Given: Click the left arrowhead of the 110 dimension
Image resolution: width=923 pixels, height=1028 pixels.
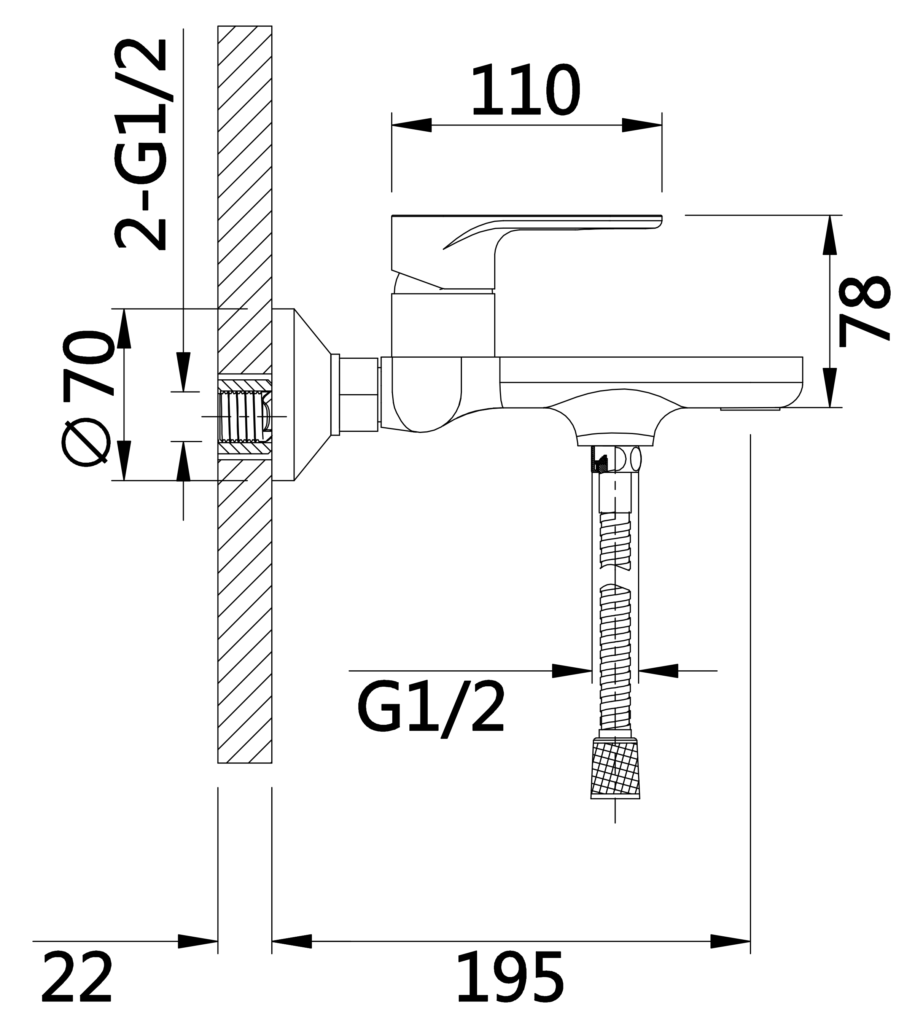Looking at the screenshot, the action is (411, 125).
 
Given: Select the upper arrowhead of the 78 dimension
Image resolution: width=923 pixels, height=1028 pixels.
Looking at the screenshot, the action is (830, 235).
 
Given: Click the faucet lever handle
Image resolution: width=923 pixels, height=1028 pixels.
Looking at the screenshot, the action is (527, 252).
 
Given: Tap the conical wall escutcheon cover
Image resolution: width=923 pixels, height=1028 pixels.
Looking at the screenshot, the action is (301, 395).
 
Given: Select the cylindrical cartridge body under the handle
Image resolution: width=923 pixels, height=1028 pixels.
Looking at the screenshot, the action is (443, 325).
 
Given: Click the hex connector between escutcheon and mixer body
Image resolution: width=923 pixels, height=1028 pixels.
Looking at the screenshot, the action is (358, 395).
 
